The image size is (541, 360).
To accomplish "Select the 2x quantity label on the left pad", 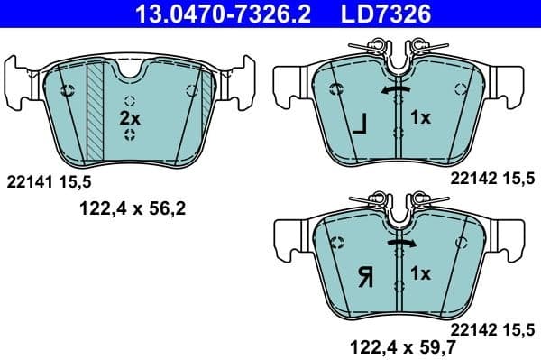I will pos(130,118).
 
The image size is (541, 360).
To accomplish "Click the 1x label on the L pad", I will pos(421,117).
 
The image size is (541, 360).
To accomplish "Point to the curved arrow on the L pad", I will pos(398,91).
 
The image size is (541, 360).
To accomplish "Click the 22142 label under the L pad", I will pos(469,180).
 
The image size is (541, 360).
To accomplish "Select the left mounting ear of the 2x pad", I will pos(20,76).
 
